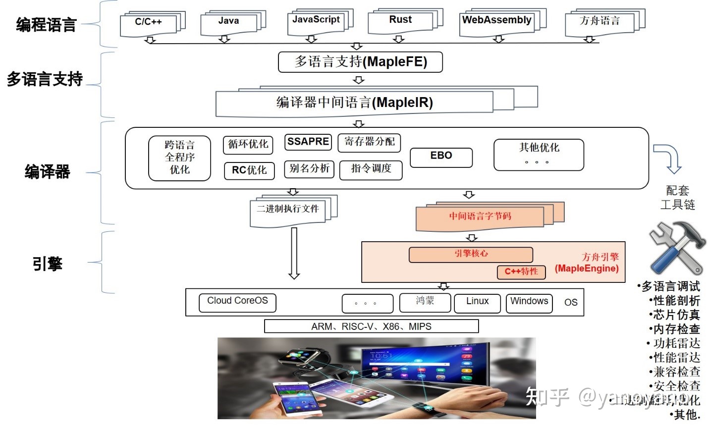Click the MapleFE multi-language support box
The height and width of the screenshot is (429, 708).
[360, 62]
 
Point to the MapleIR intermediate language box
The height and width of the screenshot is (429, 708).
[354, 103]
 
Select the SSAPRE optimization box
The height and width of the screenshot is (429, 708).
[308, 142]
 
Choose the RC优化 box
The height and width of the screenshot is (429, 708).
[249, 170]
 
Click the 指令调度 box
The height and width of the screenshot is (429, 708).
[371, 169]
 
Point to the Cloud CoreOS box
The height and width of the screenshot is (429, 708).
[237, 302]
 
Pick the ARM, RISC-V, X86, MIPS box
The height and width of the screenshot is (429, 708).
[371, 326]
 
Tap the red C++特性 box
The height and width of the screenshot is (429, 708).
[521, 271]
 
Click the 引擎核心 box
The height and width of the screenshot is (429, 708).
[471, 254]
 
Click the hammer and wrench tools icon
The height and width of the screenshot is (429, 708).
[677, 248]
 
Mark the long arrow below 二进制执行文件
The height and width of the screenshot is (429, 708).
[294, 253]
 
